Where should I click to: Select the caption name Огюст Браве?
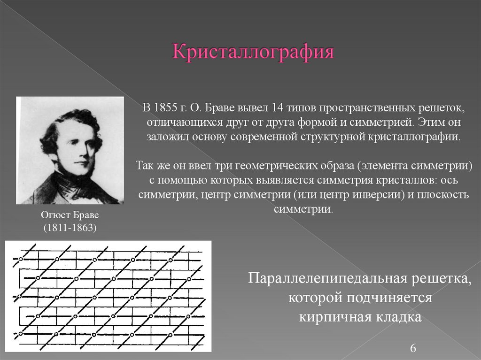(x=70, y=215)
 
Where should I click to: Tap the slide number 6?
(x=413, y=348)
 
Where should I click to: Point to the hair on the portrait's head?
(x=70, y=120)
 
